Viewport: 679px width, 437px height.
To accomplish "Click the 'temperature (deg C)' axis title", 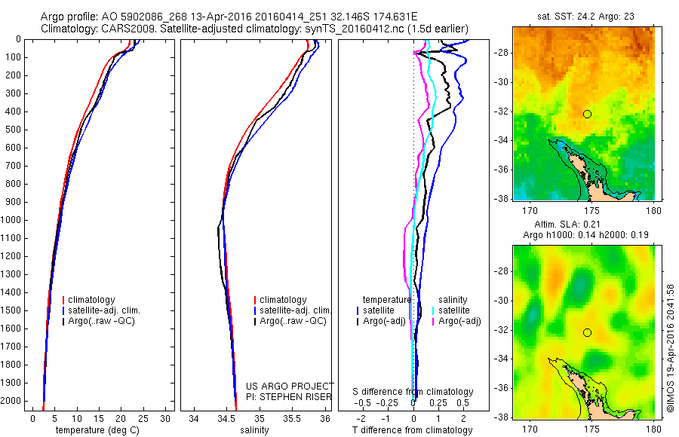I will click(98, 430).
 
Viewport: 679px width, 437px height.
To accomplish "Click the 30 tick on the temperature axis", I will click(166, 418).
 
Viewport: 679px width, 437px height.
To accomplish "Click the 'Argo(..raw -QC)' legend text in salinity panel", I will click(293, 321).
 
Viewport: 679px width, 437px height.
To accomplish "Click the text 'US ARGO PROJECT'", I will click(290, 385).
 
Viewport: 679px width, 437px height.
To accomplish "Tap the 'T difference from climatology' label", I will click(412, 430).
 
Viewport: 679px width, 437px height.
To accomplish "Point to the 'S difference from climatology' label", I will click(413, 392).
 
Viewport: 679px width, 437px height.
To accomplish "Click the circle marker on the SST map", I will click(587, 114).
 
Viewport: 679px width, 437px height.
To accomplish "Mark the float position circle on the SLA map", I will click(587, 332).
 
